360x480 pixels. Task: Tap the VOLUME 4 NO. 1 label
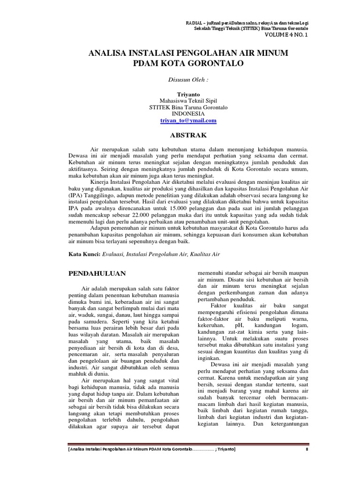pyautogui.click(x=287, y=35)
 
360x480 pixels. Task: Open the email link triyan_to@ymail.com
pyautogui.click(x=188, y=120)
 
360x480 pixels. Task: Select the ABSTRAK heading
pyautogui.click(x=188, y=135)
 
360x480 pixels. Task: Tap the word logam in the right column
pyautogui.click(x=299, y=325)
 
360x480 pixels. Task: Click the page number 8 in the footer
pyautogui.click(x=306, y=449)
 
